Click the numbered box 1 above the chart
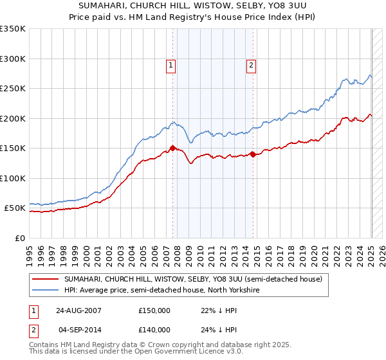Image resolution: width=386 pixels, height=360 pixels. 171,64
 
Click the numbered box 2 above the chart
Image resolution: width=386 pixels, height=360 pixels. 250,64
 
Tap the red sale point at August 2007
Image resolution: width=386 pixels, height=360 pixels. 172,148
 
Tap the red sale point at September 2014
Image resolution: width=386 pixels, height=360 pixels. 253,154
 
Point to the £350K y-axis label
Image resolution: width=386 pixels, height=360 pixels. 12,29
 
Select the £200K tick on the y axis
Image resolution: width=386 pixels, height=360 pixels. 12,118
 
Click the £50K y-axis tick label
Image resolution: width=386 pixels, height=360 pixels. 15,208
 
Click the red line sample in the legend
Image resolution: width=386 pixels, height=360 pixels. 46,279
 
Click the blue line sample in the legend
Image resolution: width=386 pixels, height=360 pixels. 46,291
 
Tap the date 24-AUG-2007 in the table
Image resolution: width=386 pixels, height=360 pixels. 78,310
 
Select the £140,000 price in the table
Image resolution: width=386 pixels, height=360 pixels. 154,330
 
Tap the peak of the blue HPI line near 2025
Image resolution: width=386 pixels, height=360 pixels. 370,75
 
